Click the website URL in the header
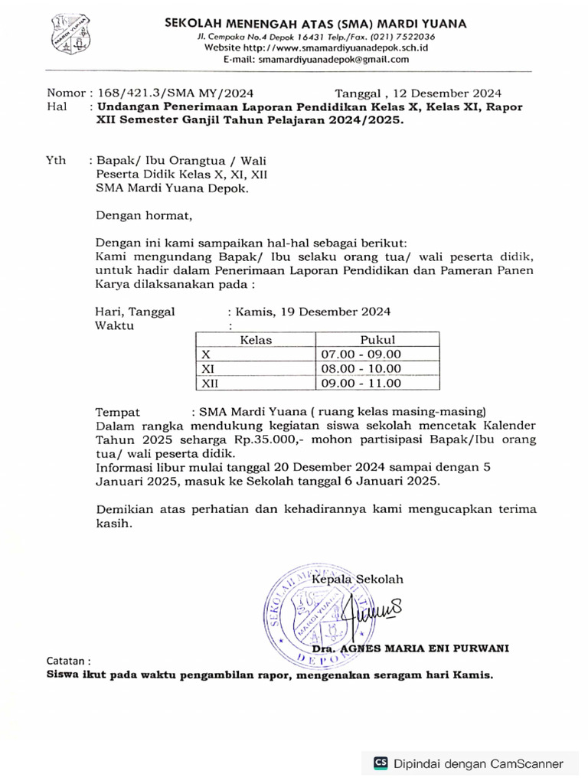315,47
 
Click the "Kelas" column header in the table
256,340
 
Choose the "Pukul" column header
377,340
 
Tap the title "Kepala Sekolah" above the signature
358,580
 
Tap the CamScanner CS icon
381,763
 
